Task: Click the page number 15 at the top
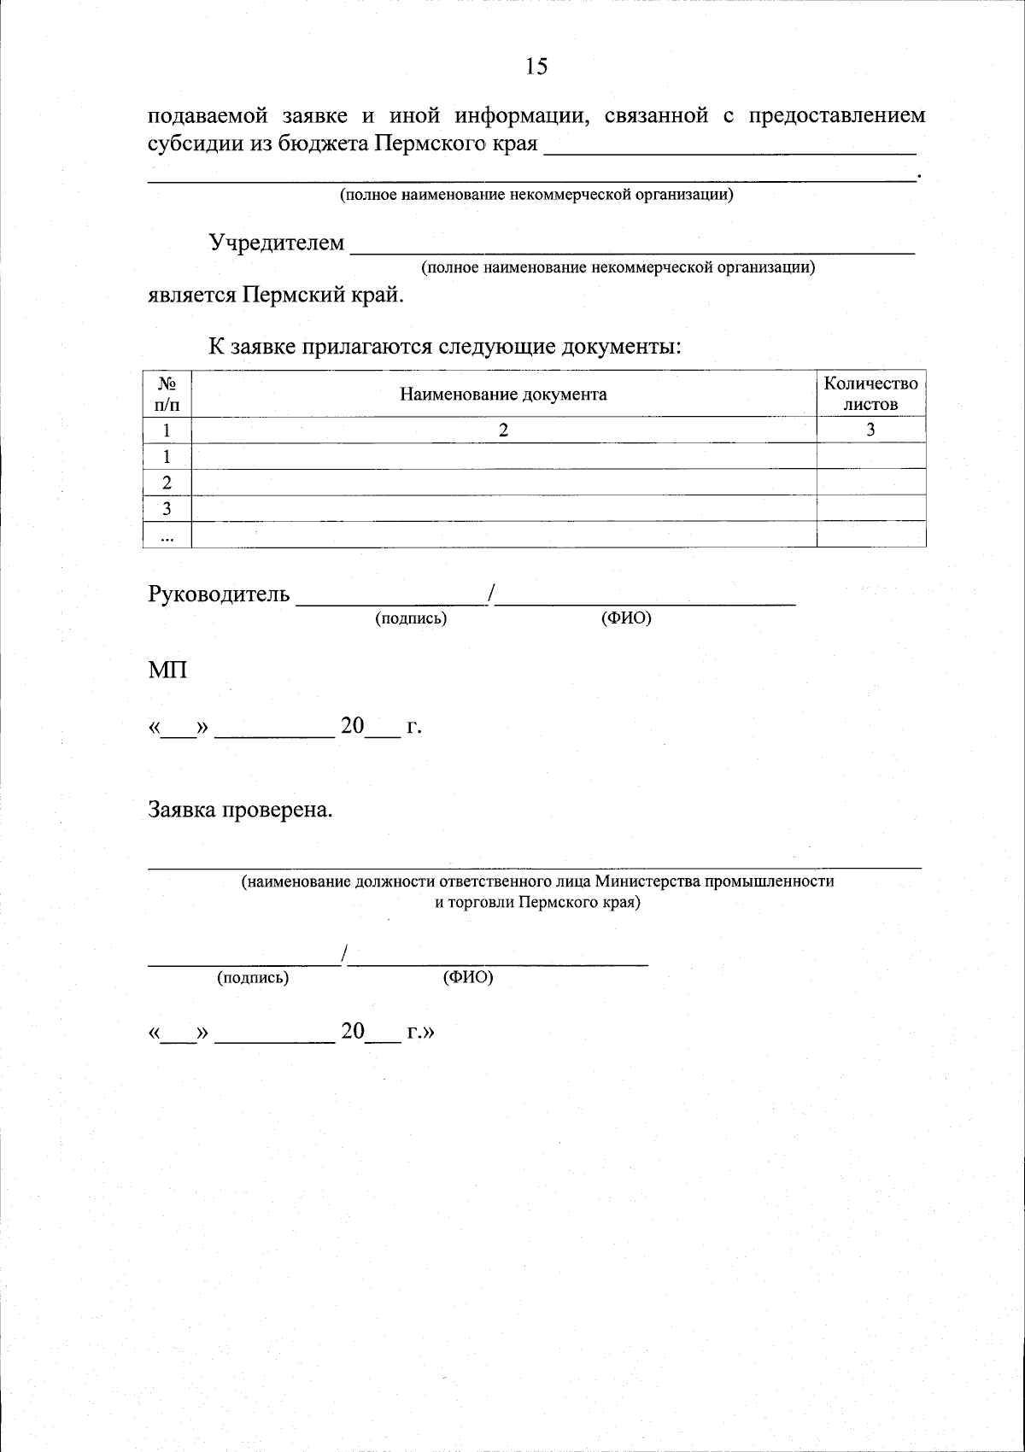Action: [536, 67]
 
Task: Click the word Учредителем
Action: [277, 243]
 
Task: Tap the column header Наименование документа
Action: [503, 395]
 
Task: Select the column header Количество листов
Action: [870, 395]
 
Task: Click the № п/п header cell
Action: [167, 395]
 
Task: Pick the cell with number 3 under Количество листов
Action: [870, 430]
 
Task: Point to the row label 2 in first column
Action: [167, 483]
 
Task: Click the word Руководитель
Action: [220, 594]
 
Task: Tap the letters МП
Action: [167, 670]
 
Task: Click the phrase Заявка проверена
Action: [240, 809]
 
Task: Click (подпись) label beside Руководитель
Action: [411, 618]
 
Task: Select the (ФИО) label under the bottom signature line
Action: [468, 978]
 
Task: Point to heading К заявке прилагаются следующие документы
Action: [444, 348]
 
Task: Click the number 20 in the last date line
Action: [353, 1032]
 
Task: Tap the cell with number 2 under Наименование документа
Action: [503, 430]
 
